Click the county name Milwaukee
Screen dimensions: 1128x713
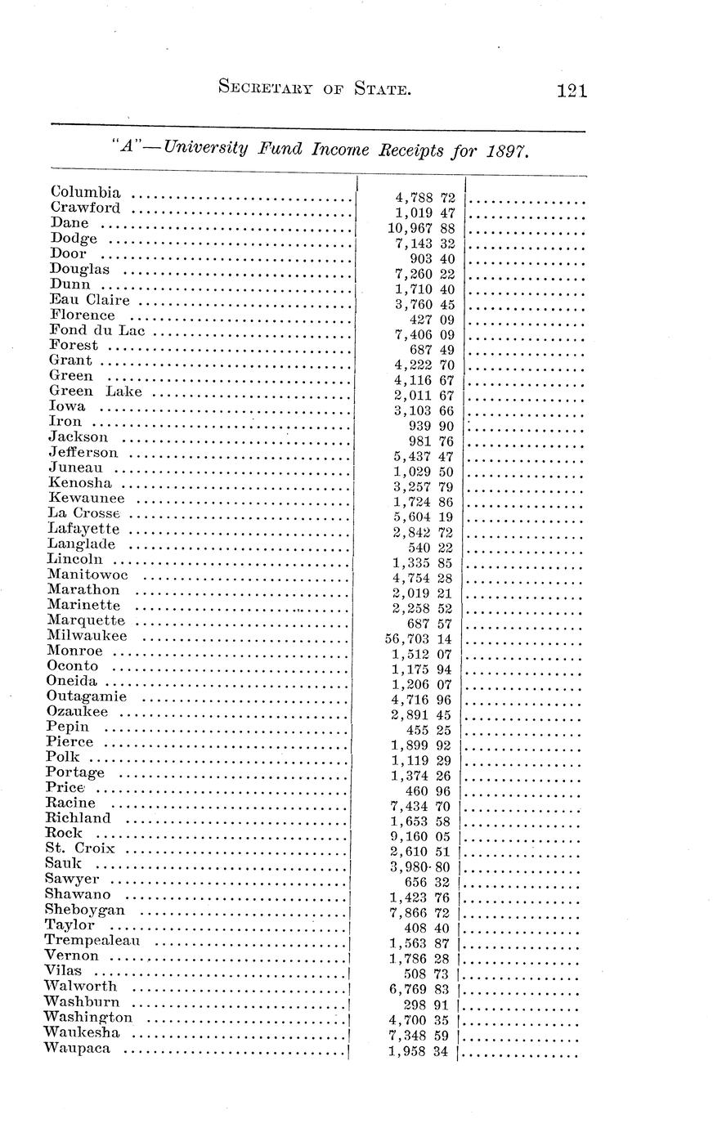click(87, 636)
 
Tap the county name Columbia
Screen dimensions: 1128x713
click(86, 193)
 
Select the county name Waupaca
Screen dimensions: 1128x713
click(78, 1049)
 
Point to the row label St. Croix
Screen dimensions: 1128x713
click(80, 848)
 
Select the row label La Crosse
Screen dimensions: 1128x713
click(84, 513)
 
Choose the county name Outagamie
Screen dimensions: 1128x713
click(87, 696)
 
